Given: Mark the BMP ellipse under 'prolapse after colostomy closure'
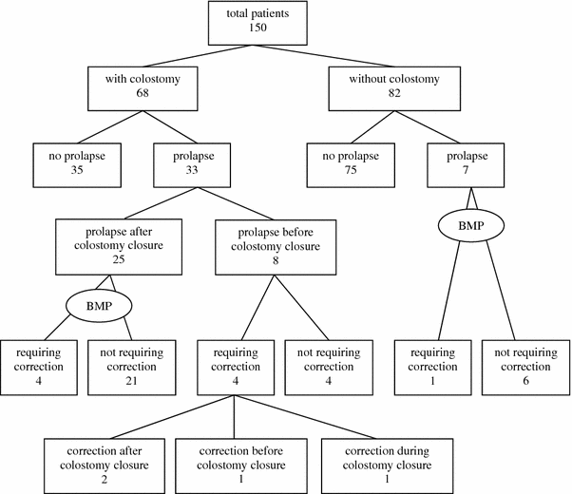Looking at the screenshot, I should coord(100,306).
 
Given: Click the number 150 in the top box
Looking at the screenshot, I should coord(253,28).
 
